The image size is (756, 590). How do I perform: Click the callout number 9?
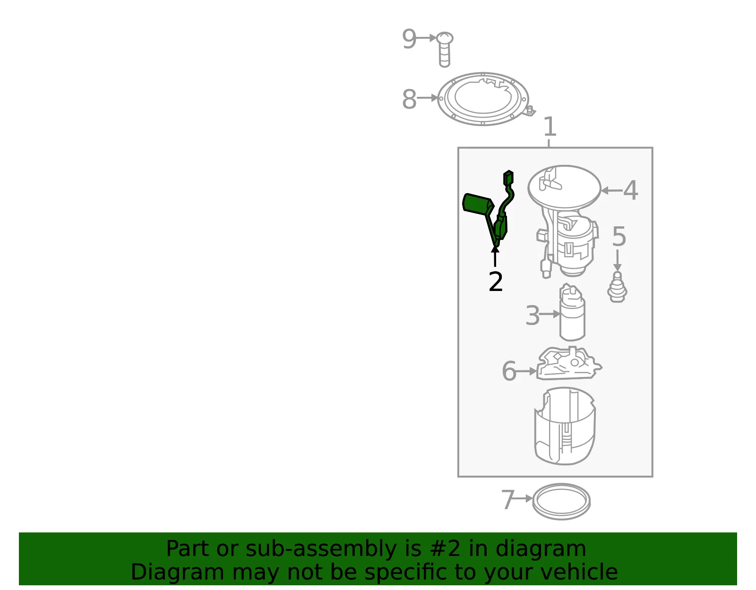tap(409, 39)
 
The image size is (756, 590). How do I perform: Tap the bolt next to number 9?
tap(444, 50)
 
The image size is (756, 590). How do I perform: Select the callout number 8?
tap(409, 99)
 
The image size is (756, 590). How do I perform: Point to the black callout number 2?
tap(496, 281)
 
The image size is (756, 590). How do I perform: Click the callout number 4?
tap(630, 190)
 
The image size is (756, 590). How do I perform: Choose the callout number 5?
tap(619, 236)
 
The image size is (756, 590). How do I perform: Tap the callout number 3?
tap(533, 316)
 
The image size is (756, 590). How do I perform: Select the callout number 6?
tap(509, 371)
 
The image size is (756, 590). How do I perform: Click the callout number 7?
tap(507, 499)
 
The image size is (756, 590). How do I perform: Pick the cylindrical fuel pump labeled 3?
tap(572, 312)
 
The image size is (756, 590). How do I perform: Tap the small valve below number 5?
tap(617, 287)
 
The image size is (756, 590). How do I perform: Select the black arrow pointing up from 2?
tap(495, 256)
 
